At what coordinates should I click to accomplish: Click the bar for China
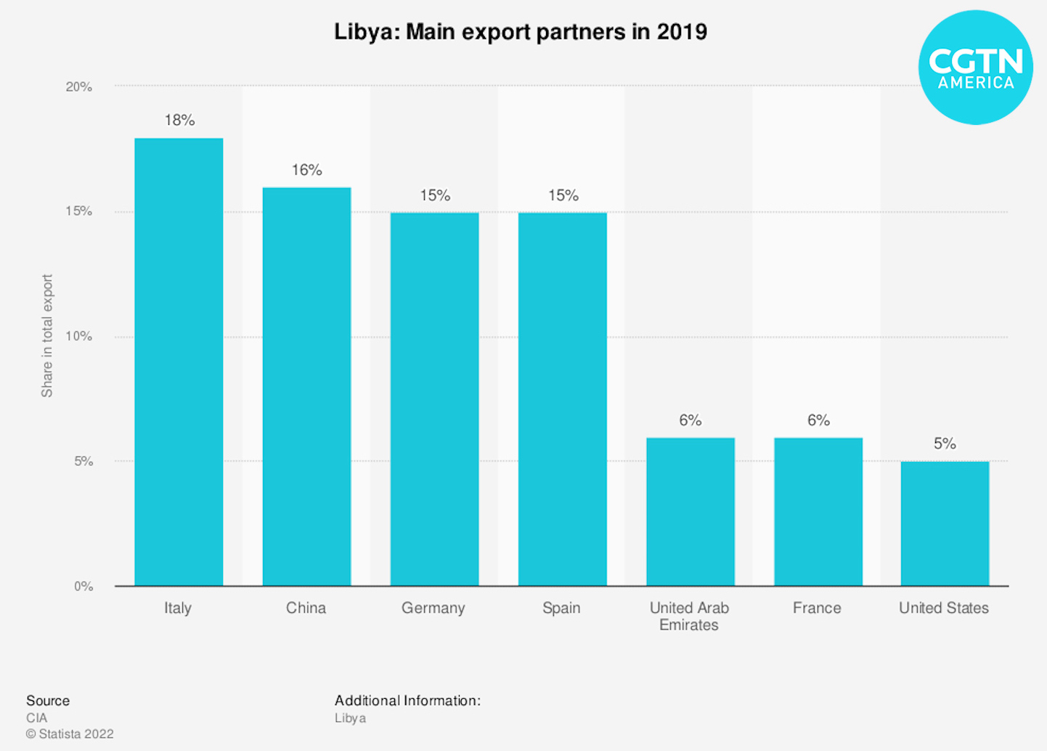(306, 386)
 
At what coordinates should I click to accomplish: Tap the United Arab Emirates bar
(690, 511)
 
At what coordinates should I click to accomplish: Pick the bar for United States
(945, 523)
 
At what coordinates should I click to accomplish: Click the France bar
(818, 511)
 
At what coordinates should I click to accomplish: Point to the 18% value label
(179, 120)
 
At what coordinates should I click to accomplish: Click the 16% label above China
(306, 170)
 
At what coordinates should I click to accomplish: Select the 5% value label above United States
(945, 444)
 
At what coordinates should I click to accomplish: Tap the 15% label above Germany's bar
(435, 195)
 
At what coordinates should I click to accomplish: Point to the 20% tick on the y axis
(79, 86)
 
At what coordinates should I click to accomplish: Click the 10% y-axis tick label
(79, 336)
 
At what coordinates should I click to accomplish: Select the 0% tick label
(83, 586)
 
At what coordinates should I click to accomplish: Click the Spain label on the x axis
(561, 608)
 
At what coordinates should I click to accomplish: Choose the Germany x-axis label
(433, 608)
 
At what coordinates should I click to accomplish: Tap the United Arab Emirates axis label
(689, 616)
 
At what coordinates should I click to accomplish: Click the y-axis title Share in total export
(47, 336)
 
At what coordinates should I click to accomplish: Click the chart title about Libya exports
(521, 32)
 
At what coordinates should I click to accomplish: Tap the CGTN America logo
(975, 68)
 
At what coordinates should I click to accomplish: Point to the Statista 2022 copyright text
(70, 734)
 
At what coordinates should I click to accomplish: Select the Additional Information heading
(407, 701)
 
